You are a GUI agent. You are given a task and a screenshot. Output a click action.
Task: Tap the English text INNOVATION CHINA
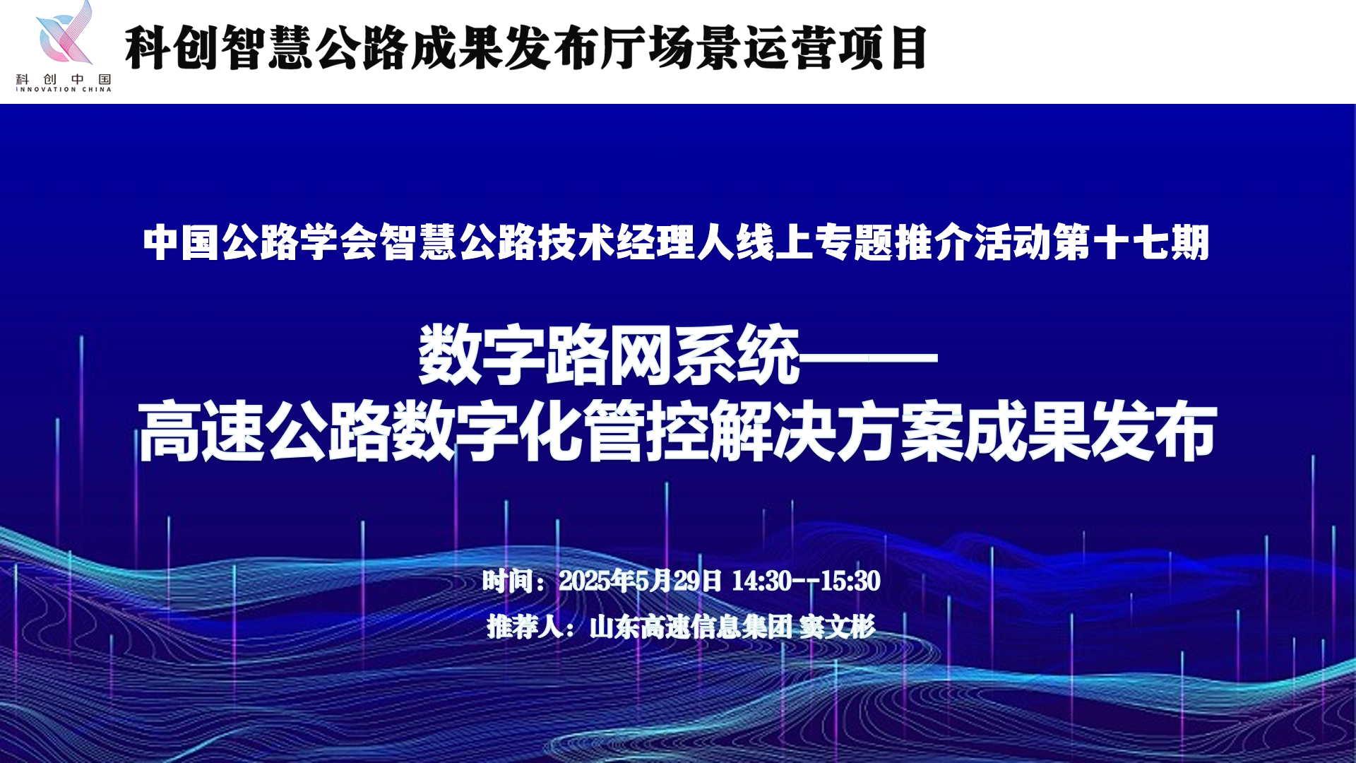tap(64, 90)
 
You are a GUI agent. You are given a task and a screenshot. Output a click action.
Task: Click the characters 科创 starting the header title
tap(172, 48)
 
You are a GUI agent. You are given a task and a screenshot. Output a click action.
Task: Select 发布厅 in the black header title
tap(574, 48)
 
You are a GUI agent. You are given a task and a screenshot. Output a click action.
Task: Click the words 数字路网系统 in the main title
tap(609, 355)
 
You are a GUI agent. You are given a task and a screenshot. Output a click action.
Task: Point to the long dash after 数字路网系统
tap(869, 358)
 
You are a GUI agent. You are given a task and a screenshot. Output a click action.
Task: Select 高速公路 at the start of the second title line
tap(264, 431)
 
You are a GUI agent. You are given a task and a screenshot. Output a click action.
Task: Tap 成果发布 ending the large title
tap(1090, 431)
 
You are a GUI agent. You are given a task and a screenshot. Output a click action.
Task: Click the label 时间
tap(508, 581)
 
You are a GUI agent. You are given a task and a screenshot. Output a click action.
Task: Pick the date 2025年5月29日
tap(640, 581)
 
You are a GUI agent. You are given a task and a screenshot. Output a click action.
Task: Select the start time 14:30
tap(761, 581)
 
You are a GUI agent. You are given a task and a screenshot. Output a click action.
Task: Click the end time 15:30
tap(850, 581)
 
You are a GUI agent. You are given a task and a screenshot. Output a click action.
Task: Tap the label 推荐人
tap(525, 627)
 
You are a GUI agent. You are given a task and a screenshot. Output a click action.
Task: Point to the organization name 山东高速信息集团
tap(691, 627)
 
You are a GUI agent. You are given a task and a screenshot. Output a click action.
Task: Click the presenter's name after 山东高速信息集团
tap(838, 627)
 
